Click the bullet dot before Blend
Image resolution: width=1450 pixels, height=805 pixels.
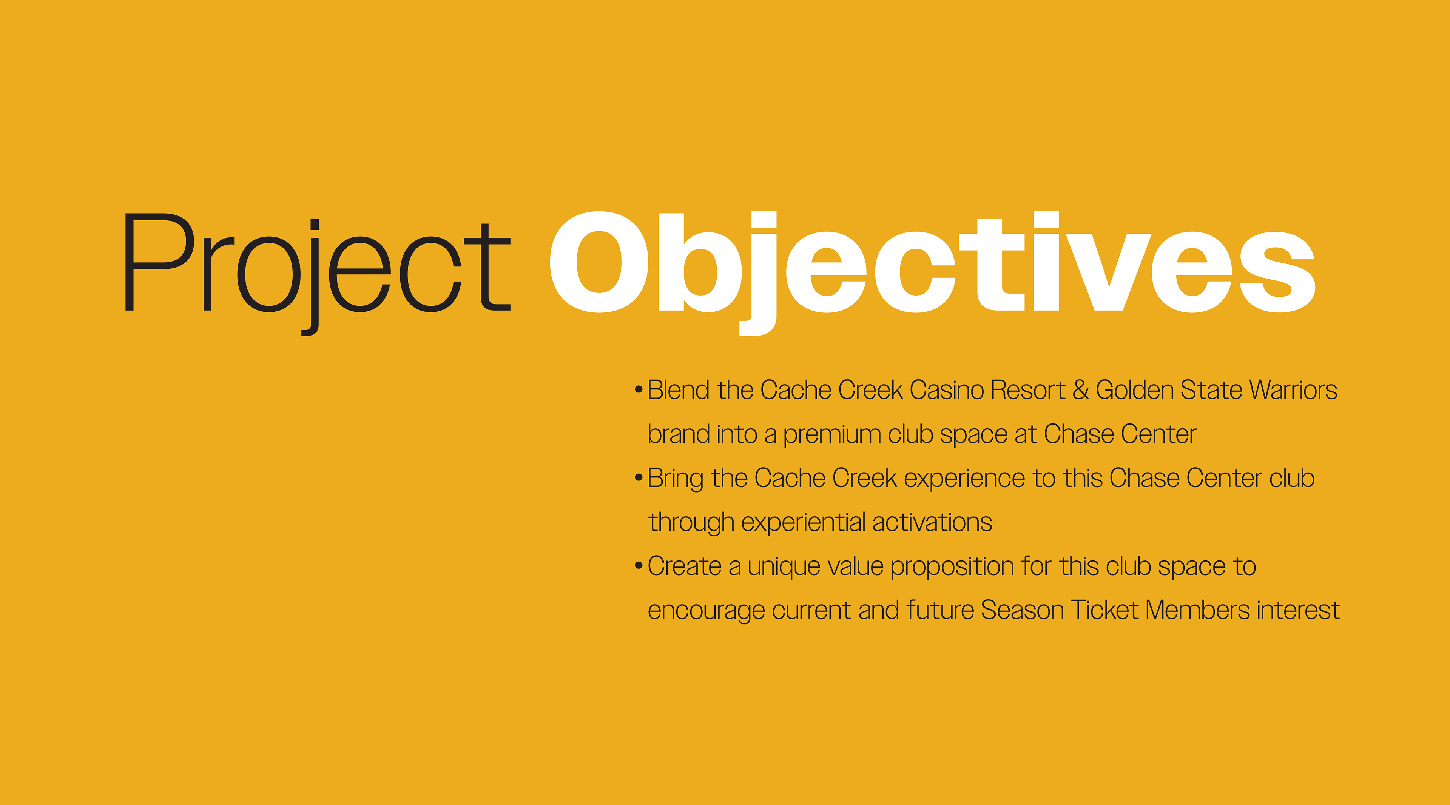pos(638,389)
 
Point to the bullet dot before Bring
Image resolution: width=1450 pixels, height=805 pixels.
pos(638,477)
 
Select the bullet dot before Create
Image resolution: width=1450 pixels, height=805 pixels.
pos(638,565)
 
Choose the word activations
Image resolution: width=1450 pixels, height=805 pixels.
pos(932,523)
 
